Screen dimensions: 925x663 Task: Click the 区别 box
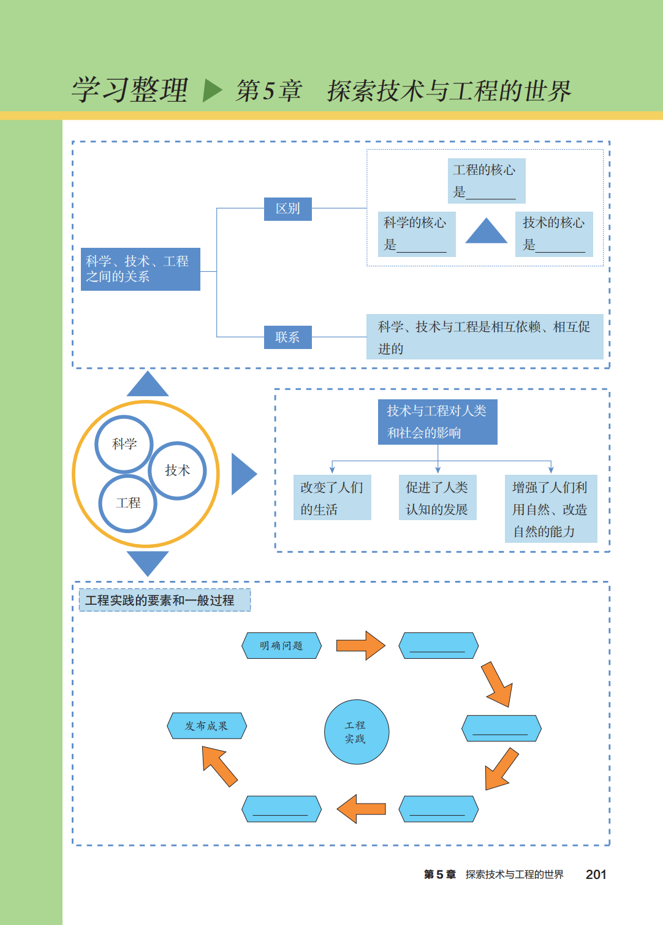click(287, 209)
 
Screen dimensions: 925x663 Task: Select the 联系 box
click(287, 337)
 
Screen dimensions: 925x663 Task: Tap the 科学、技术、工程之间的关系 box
click(140, 269)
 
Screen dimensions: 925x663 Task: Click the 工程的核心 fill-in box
click(486, 180)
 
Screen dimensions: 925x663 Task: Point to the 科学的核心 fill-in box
click(416, 233)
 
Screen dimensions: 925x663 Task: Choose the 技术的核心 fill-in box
click(554, 233)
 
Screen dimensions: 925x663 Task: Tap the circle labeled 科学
click(124, 444)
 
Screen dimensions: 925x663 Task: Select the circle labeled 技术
click(177, 470)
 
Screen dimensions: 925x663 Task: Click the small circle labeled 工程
click(128, 503)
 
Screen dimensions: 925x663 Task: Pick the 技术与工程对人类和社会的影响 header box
click(437, 422)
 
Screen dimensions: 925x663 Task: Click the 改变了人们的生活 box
click(332, 497)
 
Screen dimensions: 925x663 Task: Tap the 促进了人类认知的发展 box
click(437, 497)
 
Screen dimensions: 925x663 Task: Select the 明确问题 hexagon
click(281, 645)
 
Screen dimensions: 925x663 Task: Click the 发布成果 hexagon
click(206, 726)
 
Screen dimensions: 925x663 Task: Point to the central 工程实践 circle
click(356, 732)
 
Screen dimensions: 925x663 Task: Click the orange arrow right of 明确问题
click(360, 645)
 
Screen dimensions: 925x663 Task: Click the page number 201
click(596, 875)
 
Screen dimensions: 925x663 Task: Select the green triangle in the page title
click(212, 90)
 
